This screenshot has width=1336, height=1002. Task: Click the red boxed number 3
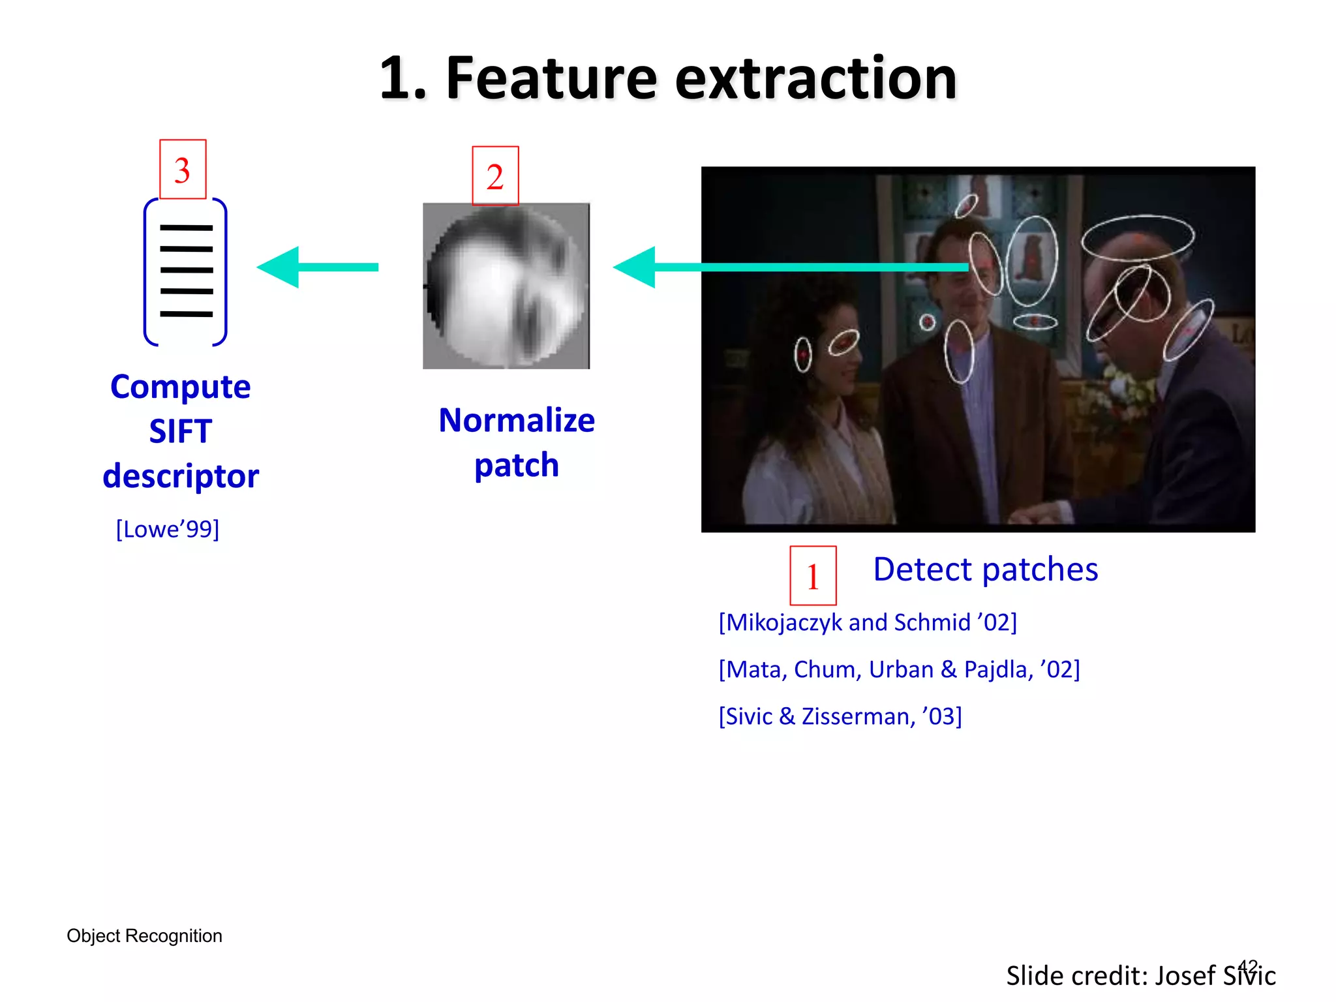pyautogui.click(x=183, y=170)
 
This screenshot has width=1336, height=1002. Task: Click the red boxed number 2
pyautogui.click(x=495, y=176)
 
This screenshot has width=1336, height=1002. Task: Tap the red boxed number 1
pyautogui.click(x=813, y=575)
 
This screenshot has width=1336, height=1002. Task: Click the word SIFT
pyautogui.click(x=181, y=431)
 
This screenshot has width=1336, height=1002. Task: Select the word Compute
pyautogui.click(x=181, y=387)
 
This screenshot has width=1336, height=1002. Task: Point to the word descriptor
pyautogui.click(x=181, y=476)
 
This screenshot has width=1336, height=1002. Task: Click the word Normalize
pyautogui.click(x=517, y=420)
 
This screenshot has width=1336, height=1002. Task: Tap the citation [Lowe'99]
pyautogui.click(x=168, y=529)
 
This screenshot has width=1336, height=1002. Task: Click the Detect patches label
pyautogui.click(x=985, y=569)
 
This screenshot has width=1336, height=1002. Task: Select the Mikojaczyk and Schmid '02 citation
pyautogui.click(x=868, y=622)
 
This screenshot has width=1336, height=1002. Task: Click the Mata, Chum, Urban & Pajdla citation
pyautogui.click(x=899, y=669)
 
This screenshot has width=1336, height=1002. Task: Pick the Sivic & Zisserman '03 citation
pyautogui.click(x=840, y=716)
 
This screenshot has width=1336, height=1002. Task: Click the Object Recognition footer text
pyautogui.click(x=144, y=935)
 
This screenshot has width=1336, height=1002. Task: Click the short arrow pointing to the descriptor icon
pyautogui.click(x=318, y=267)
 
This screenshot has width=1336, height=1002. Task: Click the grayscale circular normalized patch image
pyautogui.click(x=506, y=286)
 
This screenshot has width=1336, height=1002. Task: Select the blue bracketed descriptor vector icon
pyautogui.click(x=185, y=271)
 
